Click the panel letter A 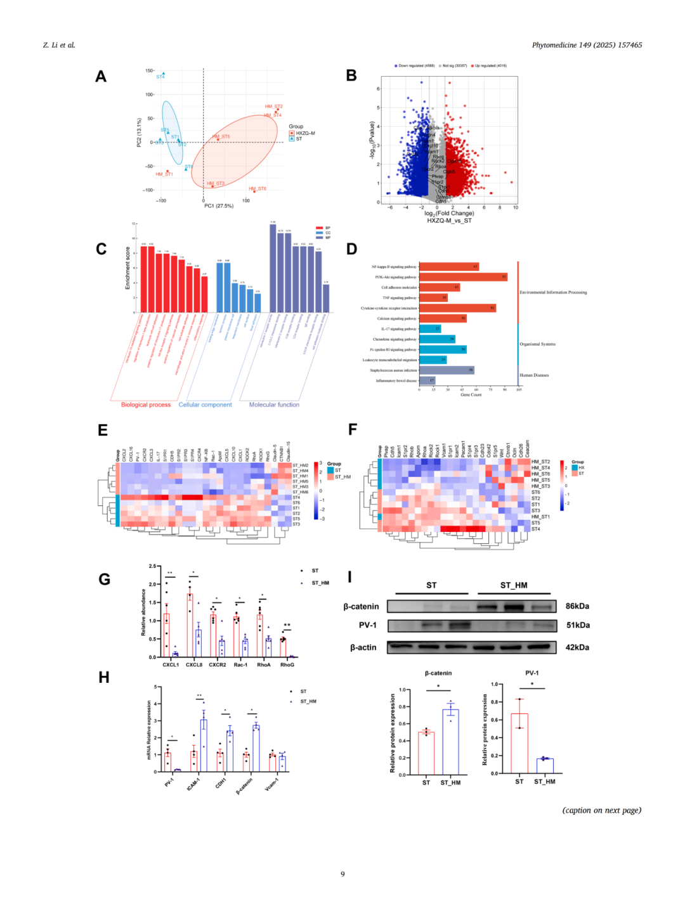pos(100,77)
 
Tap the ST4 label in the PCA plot pos(160,77)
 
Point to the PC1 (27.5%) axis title pos(219,205)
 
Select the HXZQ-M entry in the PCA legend pos(305,133)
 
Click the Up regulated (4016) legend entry pos(490,65)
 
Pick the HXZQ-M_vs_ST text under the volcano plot pos(449,221)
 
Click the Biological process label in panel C pos(146,405)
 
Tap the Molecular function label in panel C pos(274,405)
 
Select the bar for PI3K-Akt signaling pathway pos(463,277)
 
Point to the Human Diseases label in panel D pos(534,375)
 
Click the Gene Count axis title pos(471,394)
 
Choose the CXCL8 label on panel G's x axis pos(194,664)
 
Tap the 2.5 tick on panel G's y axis pos(152,566)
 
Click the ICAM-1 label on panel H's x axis pos(193,784)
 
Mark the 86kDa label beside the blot pos(577,606)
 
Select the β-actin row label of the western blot pos(363,647)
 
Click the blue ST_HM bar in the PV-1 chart pos(545,765)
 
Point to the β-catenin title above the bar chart pos(438,673)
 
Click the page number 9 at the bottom pos(342,874)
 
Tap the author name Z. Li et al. pos(59,45)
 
